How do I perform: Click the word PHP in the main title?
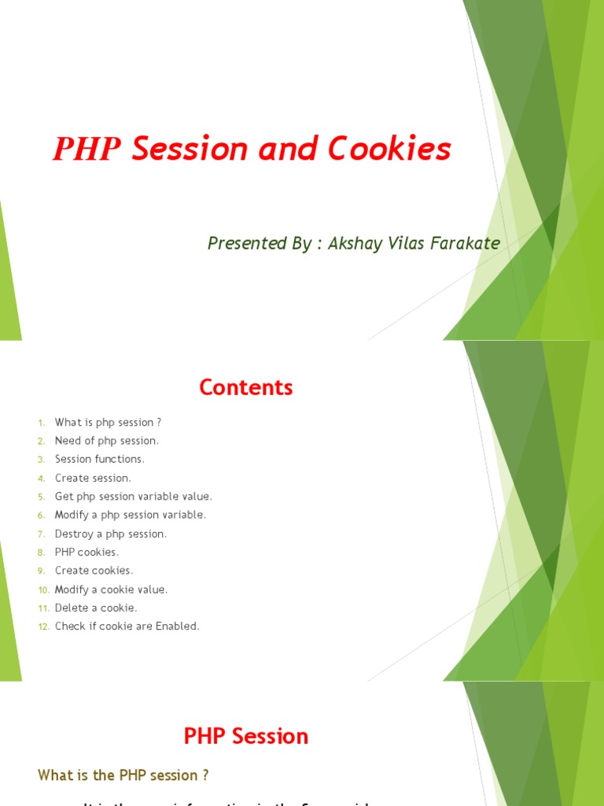click(x=87, y=149)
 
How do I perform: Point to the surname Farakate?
click(x=465, y=243)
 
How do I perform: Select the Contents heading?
click(x=246, y=387)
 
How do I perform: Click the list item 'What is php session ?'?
click(x=108, y=423)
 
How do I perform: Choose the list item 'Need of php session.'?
click(x=106, y=441)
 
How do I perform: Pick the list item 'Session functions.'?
click(x=100, y=459)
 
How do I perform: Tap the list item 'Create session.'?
click(x=93, y=478)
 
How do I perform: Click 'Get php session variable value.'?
click(x=134, y=497)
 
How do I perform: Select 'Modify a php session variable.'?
click(x=130, y=515)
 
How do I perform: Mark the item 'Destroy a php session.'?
click(x=111, y=534)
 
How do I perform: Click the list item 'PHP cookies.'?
click(x=87, y=553)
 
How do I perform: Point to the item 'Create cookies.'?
click(x=94, y=571)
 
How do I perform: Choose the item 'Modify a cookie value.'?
click(x=111, y=590)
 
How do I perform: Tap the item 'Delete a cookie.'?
click(x=96, y=608)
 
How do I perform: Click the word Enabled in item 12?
click(x=177, y=627)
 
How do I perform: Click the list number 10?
click(x=42, y=590)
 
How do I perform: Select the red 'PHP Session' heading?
click(x=246, y=737)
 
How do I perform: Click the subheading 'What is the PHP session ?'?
click(x=123, y=775)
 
